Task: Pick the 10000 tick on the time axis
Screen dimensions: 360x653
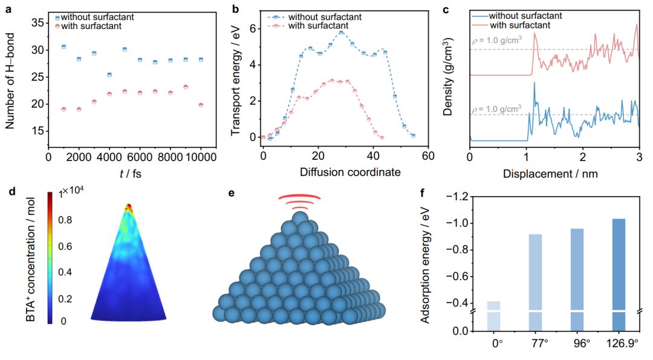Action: click(200, 157)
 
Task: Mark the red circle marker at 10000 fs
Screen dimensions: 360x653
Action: click(201, 105)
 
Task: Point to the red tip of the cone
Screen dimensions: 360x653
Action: click(128, 208)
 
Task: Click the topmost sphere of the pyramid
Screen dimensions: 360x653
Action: click(301, 218)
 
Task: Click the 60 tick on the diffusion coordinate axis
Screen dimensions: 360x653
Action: click(427, 156)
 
